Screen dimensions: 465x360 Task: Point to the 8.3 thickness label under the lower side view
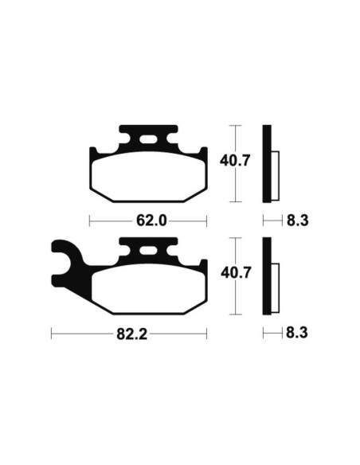click(296, 335)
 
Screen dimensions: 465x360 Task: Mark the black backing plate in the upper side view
click(268, 163)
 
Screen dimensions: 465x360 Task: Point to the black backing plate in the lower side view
click(268, 276)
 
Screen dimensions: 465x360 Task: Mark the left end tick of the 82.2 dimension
click(52, 335)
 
